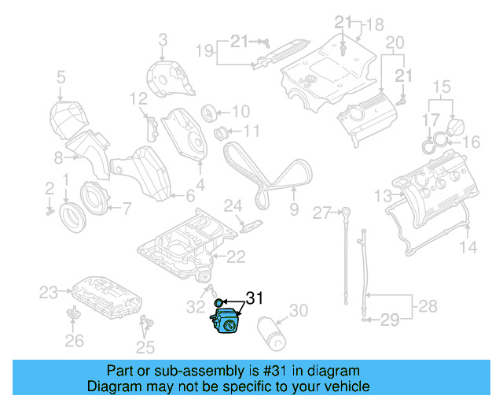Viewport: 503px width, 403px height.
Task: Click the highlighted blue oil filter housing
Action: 226,324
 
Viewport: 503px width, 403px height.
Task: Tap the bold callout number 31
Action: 255,298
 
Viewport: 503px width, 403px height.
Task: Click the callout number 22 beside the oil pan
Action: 237,257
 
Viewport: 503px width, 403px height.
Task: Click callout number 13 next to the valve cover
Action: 382,195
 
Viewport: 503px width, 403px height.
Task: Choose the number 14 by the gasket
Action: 468,248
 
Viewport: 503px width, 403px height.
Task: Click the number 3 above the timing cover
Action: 163,39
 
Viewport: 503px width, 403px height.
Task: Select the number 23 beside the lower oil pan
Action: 49,293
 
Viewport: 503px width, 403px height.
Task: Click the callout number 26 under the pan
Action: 74,340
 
